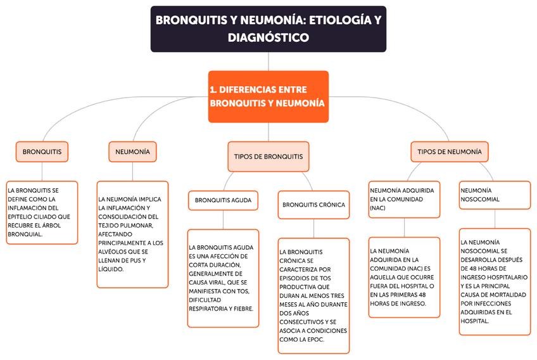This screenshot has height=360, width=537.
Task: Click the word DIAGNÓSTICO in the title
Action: point(268,38)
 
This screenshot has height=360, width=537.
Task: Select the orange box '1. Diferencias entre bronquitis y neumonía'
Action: point(268,96)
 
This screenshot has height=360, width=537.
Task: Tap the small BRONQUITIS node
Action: point(42,152)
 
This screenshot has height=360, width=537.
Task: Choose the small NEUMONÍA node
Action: point(132,152)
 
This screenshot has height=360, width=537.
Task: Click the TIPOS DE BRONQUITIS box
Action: point(268,156)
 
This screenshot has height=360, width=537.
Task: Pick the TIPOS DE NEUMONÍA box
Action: point(450,151)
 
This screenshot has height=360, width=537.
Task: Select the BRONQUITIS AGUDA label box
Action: point(223,201)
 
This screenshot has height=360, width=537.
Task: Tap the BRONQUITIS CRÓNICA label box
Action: point(313,205)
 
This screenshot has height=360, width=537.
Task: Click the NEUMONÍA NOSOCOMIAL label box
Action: point(495,195)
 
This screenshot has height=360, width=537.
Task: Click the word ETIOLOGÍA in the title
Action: point(338,20)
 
